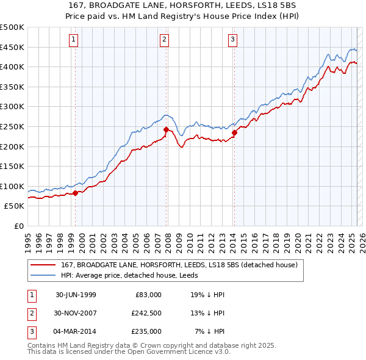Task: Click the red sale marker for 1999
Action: pyautogui.click(x=76, y=193)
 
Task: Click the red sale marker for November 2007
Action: pyautogui.click(x=166, y=129)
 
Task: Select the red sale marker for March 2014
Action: pyautogui.click(x=234, y=132)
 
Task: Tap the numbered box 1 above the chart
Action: pyautogui.click(x=73, y=40)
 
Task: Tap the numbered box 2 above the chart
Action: pyautogui.click(x=165, y=40)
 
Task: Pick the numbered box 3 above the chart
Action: pyautogui.click(x=233, y=40)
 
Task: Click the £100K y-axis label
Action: pyautogui.click(x=12, y=186)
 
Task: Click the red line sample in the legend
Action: pyautogui.click(x=43, y=265)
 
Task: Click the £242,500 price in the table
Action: pyautogui.click(x=146, y=313)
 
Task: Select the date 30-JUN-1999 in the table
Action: pyautogui.click(x=76, y=295)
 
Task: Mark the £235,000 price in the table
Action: pyautogui.click(x=146, y=331)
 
